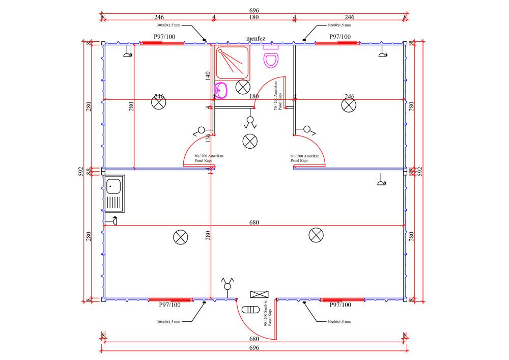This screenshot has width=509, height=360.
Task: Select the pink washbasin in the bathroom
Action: click(221, 90)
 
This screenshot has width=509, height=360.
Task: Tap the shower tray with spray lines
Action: click(233, 63)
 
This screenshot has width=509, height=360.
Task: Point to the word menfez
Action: click(256, 39)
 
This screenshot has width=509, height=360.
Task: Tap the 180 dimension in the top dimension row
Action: click(254, 17)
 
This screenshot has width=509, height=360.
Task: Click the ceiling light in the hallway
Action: click(250, 141)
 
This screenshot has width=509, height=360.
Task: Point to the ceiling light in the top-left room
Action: click(159, 103)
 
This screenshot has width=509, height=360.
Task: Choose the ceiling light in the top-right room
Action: click(349, 105)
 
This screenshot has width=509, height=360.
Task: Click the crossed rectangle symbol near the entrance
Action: click(259, 294)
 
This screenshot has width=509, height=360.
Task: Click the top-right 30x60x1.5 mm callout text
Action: click(340, 24)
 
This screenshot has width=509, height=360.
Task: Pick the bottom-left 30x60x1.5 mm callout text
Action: click(168, 322)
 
